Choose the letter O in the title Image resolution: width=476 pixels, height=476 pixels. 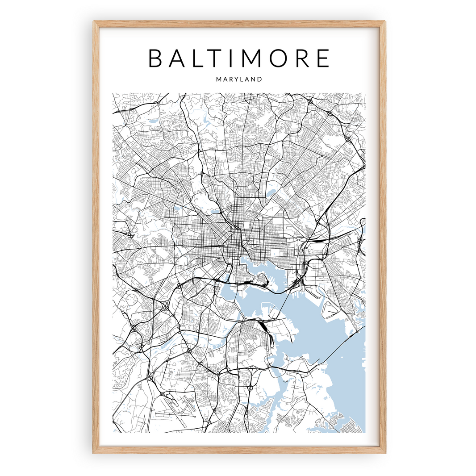(284, 58)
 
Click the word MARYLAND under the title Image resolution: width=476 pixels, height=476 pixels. (239, 79)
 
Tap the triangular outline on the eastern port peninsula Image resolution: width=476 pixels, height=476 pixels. (330, 308)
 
